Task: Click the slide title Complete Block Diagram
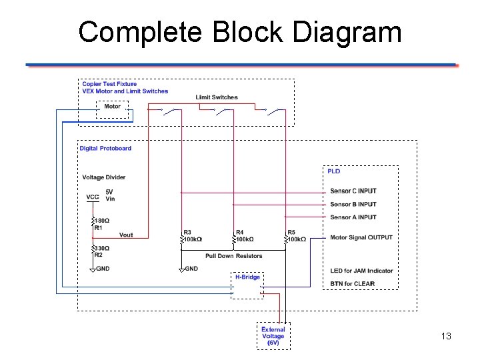tap(240, 32)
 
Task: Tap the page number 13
tap(446, 336)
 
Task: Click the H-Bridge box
tap(247, 285)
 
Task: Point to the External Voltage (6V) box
tap(273, 336)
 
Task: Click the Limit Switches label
tap(217, 97)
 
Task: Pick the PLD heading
tap(333, 171)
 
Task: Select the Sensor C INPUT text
tap(353, 191)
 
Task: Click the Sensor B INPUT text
tap(353, 204)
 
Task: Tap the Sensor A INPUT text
tap(353, 217)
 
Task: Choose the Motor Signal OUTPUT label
tap(361, 237)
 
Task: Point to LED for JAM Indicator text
tap(361, 271)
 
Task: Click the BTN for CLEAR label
tap(352, 283)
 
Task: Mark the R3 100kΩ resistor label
tap(193, 236)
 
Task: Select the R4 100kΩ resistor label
tap(245, 236)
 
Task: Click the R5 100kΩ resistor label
tap(297, 236)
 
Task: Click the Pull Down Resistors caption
tap(233, 255)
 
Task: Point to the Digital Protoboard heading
tap(105, 148)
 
